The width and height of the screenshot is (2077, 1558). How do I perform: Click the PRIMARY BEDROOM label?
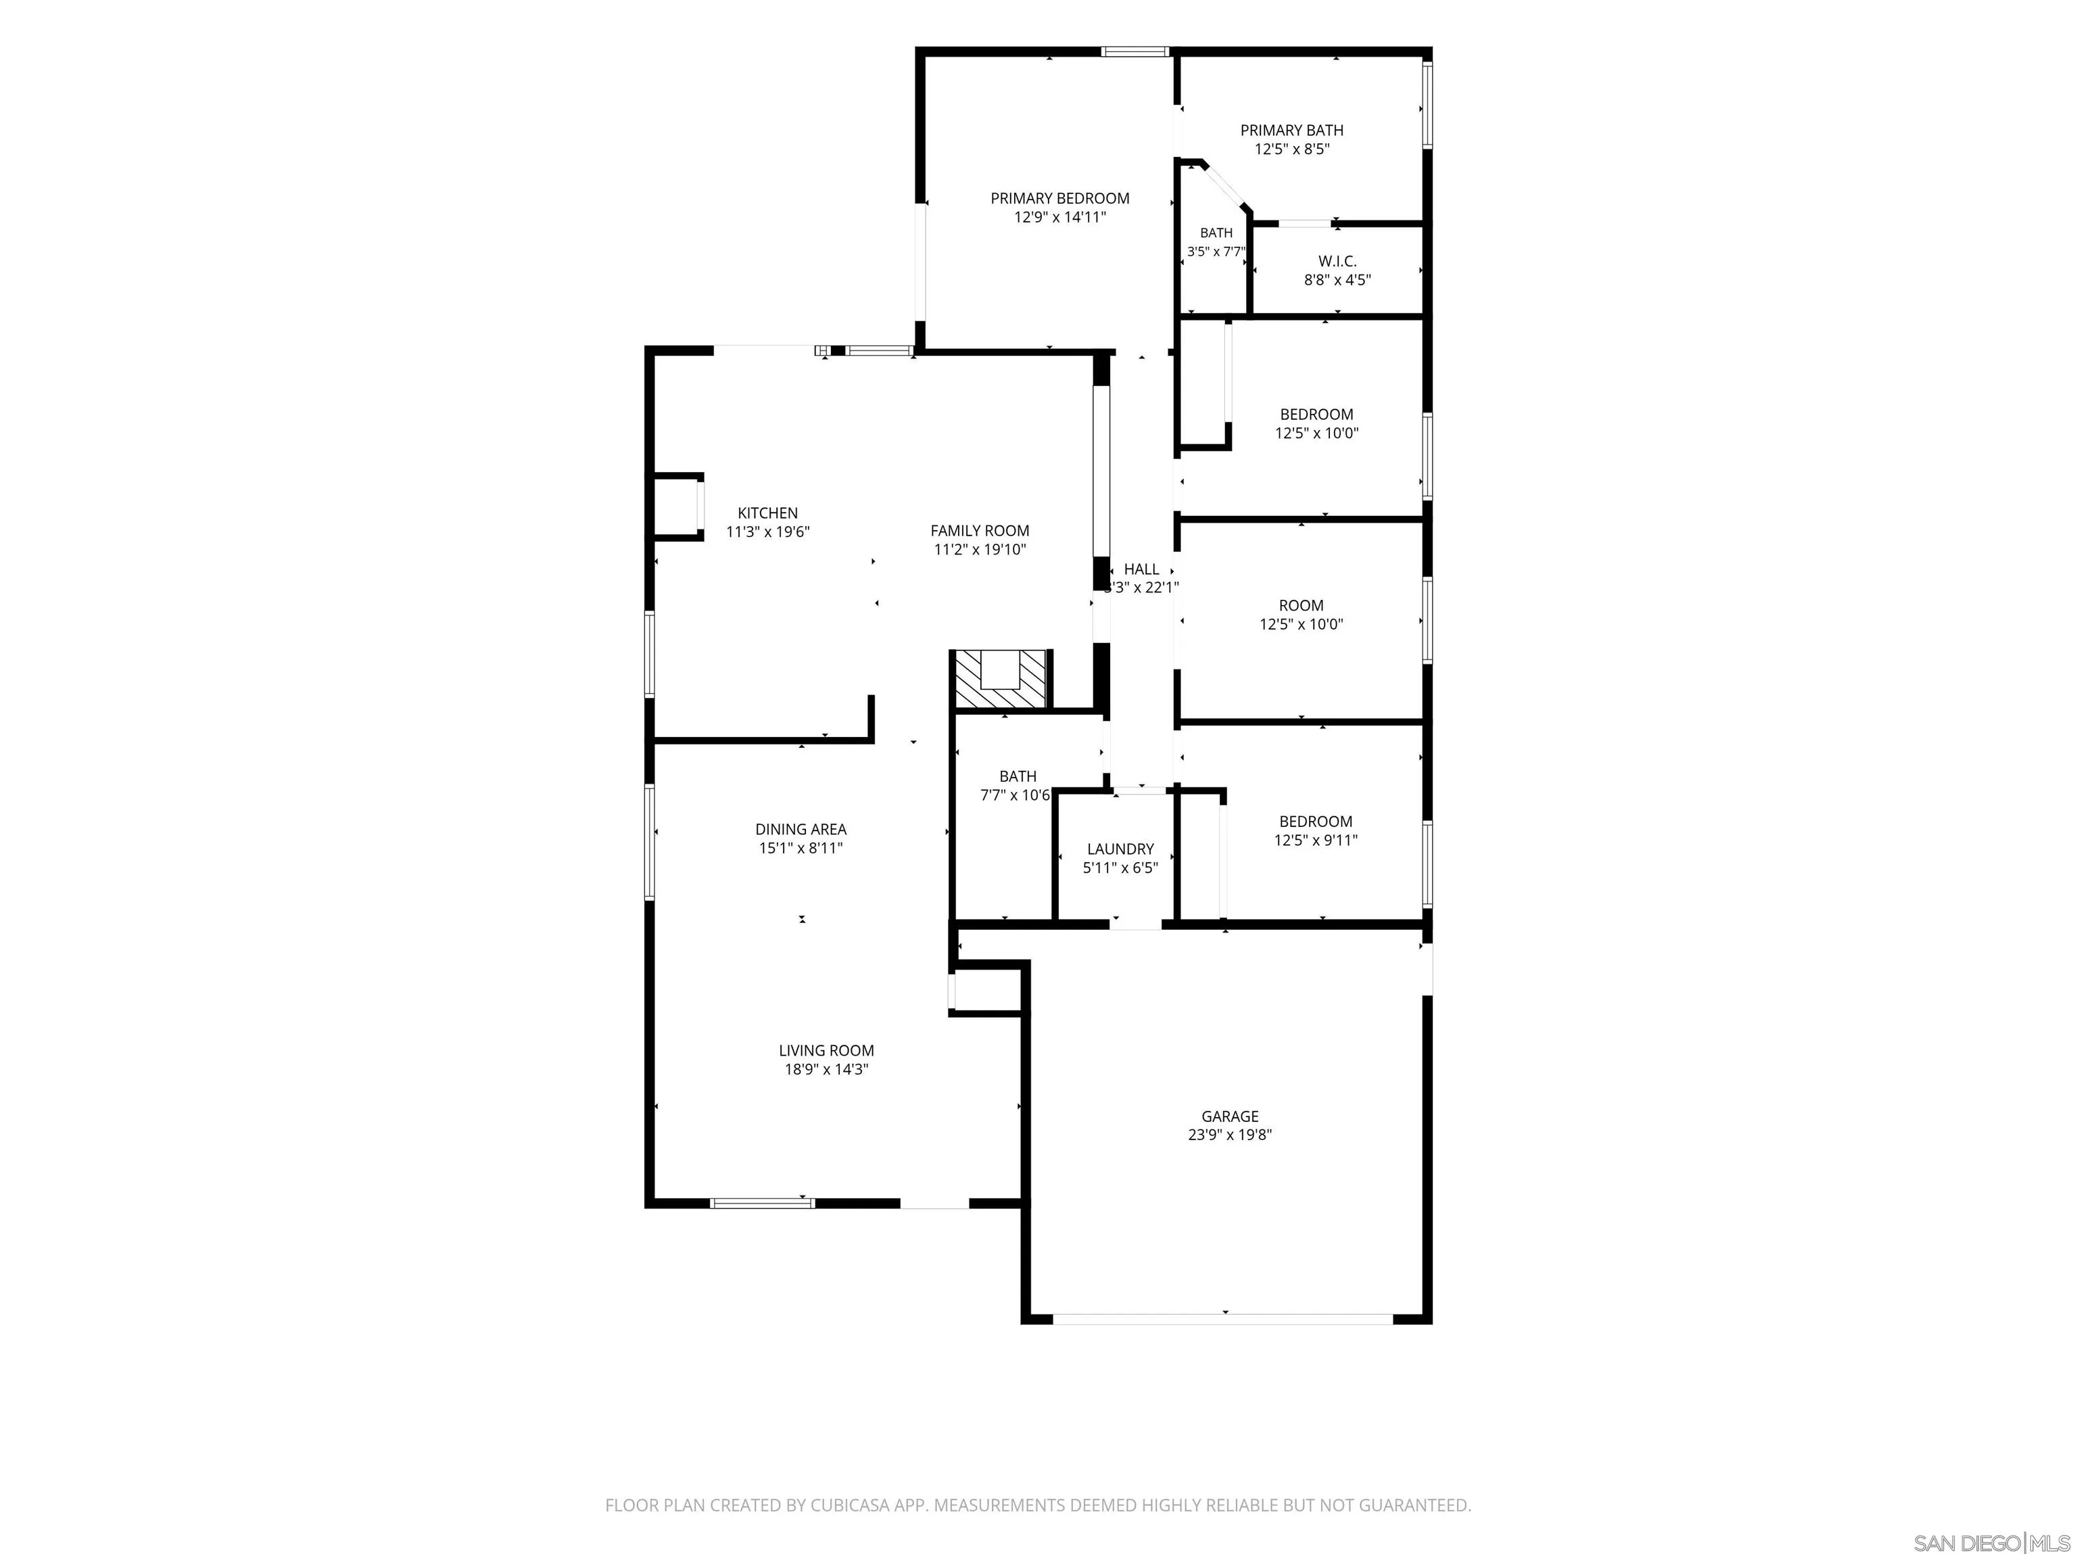point(1059,198)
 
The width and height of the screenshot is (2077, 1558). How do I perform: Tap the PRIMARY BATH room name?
point(1292,131)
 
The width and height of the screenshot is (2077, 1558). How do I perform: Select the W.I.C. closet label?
point(1337,261)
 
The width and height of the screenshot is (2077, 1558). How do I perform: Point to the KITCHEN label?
point(767,513)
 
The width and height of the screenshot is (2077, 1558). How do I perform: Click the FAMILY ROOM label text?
point(980,531)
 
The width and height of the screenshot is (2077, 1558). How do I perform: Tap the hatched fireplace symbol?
point(1001,679)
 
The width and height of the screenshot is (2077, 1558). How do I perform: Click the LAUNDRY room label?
point(1120,849)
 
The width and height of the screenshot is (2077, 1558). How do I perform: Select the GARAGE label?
point(1230,1116)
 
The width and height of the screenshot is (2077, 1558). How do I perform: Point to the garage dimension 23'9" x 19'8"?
point(1230,1135)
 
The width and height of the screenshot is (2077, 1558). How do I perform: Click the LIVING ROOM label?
point(826,1051)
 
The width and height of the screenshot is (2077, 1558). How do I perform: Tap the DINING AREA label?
point(801,829)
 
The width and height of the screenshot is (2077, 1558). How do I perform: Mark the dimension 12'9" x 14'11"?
point(1059,217)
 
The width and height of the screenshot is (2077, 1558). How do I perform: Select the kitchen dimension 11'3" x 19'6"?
point(767,532)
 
